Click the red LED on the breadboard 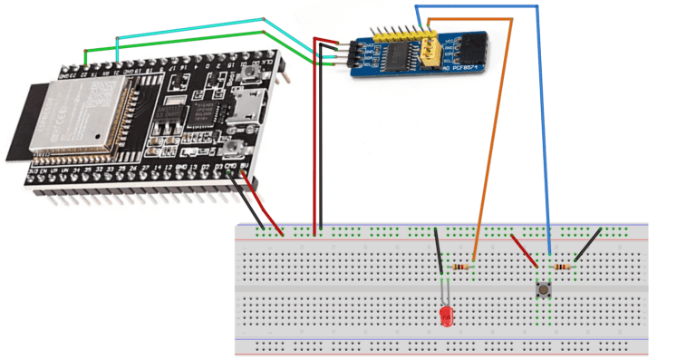tap(445, 316)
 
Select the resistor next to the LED tap(463, 268)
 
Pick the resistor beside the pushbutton tap(564, 268)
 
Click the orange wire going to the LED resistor tap(494, 136)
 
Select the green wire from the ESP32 tap(181, 52)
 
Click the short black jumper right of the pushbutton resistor tap(589, 244)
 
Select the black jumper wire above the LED tap(439, 249)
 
